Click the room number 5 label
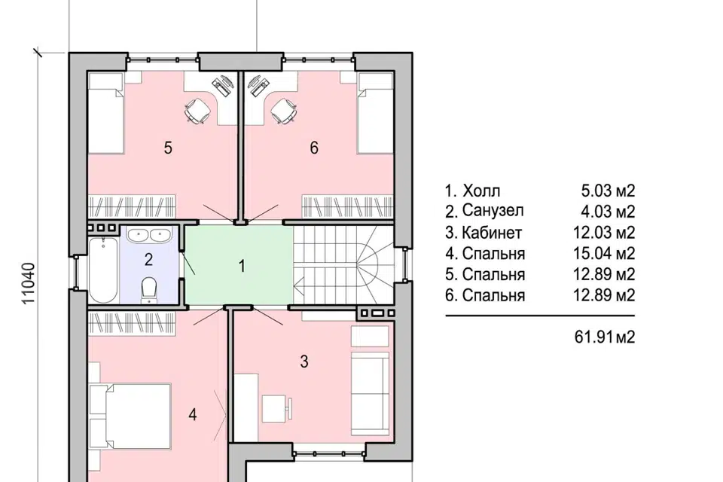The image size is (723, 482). point(168,148)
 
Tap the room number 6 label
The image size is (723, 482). point(314,148)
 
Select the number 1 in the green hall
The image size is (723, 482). point(242,266)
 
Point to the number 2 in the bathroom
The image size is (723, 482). point(148,260)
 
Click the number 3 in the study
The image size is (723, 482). point(304,361)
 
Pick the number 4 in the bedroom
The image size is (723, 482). point(193,415)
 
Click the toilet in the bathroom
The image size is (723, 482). point(149,290)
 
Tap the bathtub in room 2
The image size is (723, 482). point(103,270)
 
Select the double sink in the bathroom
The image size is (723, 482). point(148,235)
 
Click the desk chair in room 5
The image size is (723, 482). point(198,111)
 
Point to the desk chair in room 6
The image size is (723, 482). point(283,111)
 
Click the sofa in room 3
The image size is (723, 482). point(371,394)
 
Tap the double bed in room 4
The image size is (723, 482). point(130,416)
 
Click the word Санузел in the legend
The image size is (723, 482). point(493,211)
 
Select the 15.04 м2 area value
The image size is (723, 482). point(604,253)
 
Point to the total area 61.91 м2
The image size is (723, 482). point(605,337)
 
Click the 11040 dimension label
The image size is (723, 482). point(29,283)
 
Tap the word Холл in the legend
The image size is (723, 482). point(481,191)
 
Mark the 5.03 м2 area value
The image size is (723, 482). point(609,191)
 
